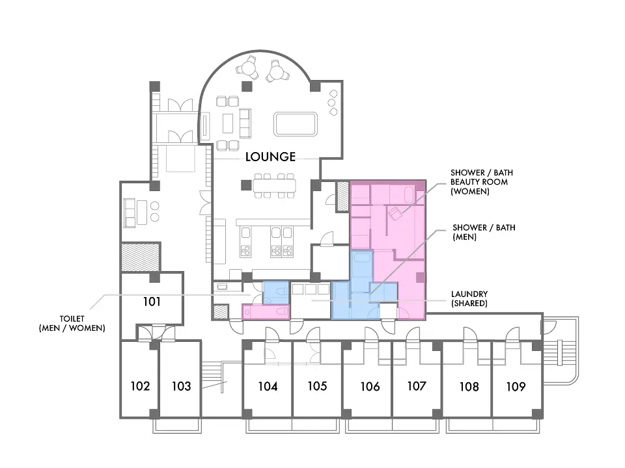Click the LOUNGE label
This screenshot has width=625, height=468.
click(x=270, y=157)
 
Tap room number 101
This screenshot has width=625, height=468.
click(x=152, y=302)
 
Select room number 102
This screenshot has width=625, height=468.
click(x=141, y=386)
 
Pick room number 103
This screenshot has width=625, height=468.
click(x=182, y=386)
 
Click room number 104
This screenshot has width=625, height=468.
click(x=268, y=386)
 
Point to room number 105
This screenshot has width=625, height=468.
click(x=317, y=386)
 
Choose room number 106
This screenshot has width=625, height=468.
click(x=370, y=386)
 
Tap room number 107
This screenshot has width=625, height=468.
click(x=417, y=386)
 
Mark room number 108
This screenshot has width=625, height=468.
click(x=469, y=386)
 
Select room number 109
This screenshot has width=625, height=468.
click(x=516, y=386)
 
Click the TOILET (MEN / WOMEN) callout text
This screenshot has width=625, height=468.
click(x=72, y=324)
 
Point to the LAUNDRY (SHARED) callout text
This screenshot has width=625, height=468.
click(x=469, y=298)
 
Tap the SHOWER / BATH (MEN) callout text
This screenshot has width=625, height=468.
click(x=484, y=232)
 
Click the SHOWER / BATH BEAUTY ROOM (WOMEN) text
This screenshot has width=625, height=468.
click(x=482, y=182)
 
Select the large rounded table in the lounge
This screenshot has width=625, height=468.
click(x=296, y=124)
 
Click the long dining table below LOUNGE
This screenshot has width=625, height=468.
click(x=274, y=185)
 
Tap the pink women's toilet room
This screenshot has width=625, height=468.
click(x=266, y=311)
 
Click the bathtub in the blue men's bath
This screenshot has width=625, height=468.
click(x=362, y=258)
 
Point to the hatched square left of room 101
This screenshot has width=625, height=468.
click(x=141, y=257)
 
